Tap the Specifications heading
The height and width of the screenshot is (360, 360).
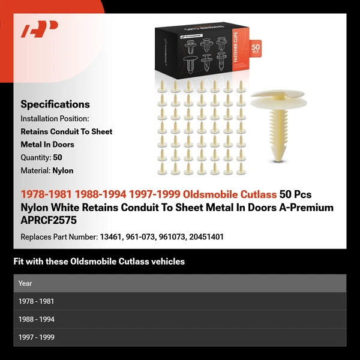55,104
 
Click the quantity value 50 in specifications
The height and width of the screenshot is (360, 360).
58,157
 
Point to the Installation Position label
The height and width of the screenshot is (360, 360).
55,118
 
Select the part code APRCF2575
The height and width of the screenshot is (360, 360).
49,220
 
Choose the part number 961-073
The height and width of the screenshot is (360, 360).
137,237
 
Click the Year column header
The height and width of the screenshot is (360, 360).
25,283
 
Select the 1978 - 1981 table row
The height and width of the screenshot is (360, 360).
179,301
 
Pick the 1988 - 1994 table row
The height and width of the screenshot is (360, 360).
179,319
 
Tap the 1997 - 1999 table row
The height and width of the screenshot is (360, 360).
179,337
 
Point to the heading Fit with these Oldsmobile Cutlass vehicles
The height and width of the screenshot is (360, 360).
99,262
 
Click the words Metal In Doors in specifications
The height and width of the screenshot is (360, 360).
47,144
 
